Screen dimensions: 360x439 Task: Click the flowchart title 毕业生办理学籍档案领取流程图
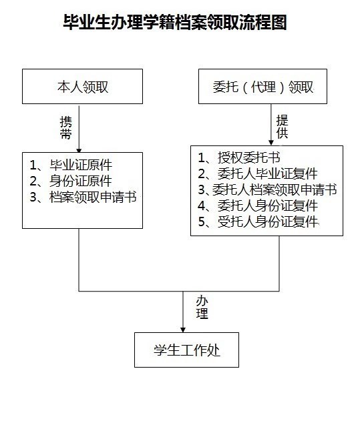pyautogui.click(x=175, y=22)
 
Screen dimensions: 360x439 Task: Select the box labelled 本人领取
pyautogui.click(x=82, y=87)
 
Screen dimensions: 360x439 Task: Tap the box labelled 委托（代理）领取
pyautogui.click(x=262, y=87)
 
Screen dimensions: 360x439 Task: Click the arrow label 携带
pyautogui.click(x=66, y=127)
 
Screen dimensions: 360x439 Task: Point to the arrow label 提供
pyautogui.click(x=282, y=127)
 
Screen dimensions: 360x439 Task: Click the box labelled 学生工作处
pyautogui.click(x=186, y=350)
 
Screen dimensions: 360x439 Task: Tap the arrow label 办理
pyautogui.click(x=202, y=308)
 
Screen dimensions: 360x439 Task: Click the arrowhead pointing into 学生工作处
pyautogui.click(x=183, y=330)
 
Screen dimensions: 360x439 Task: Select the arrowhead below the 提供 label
pyautogui.click(x=271, y=143)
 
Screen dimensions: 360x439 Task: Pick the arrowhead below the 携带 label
pyautogui.click(x=79, y=150)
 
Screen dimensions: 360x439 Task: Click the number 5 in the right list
pyautogui.click(x=202, y=222)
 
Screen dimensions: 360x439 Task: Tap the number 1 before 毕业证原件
pyautogui.click(x=33, y=165)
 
